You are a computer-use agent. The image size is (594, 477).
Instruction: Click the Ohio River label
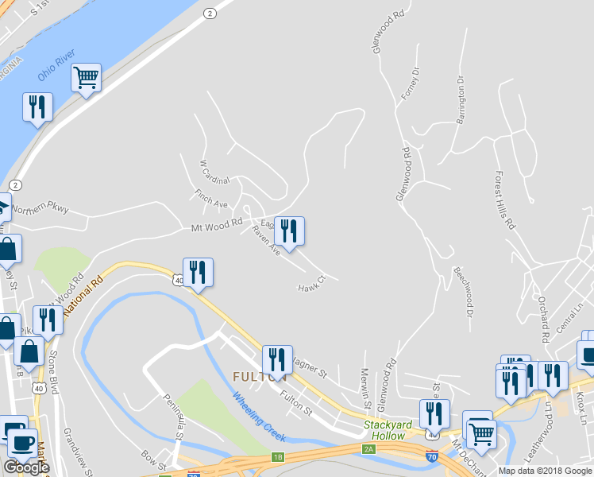tap(56, 65)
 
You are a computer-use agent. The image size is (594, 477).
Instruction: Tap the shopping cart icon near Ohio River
tap(86, 78)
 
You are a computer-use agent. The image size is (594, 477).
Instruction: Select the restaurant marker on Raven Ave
tap(289, 231)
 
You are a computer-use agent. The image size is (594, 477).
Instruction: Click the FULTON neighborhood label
tap(259, 376)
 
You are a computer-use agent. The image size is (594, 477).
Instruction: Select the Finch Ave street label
tap(211, 199)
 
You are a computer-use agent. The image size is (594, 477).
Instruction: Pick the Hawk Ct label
tap(312, 284)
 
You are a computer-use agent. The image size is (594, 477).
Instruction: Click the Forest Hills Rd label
tap(504, 200)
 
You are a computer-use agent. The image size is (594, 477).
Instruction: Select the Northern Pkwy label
tap(40, 209)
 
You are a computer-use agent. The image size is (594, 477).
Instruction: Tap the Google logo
tap(26, 467)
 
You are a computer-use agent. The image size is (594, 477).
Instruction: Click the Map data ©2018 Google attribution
tap(545, 471)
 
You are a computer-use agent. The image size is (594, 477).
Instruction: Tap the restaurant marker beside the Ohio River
tap(37, 107)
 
